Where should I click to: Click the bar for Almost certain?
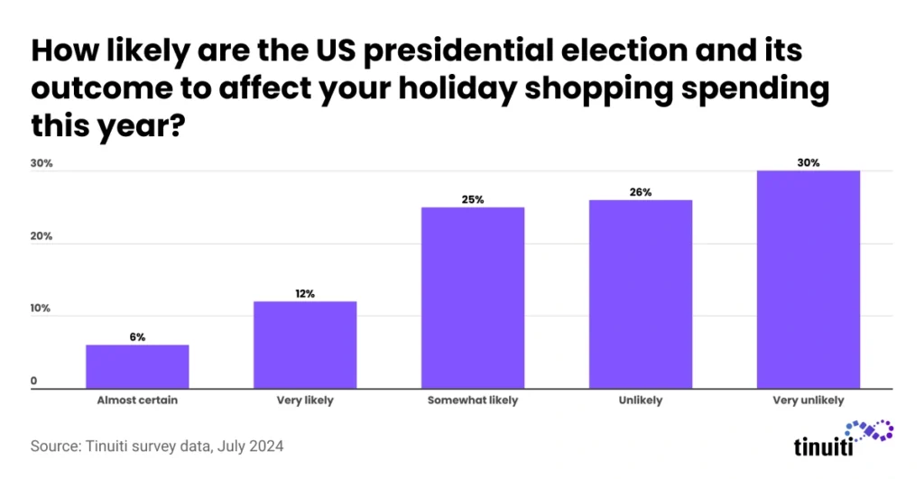[x=137, y=366]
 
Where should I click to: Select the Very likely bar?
[x=305, y=345]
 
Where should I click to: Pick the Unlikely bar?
[x=641, y=294]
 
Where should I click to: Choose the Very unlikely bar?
[x=808, y=280]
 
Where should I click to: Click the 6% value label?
[x=137, y=336]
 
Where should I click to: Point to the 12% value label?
[x=305, y=293]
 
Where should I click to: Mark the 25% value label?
[x=473, y=199]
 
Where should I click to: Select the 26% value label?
[x=641, y=192]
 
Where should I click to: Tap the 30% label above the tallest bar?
[x=808, y=163]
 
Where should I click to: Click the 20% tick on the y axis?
[x=42, y=236]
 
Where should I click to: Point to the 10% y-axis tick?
[x=42, y=309]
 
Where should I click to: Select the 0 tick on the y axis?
[x=33, y=382]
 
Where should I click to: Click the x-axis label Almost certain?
[x=137, y=401]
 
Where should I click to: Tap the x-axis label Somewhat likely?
[x=473, y=401]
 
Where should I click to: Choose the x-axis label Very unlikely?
[x=808, y=401]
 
